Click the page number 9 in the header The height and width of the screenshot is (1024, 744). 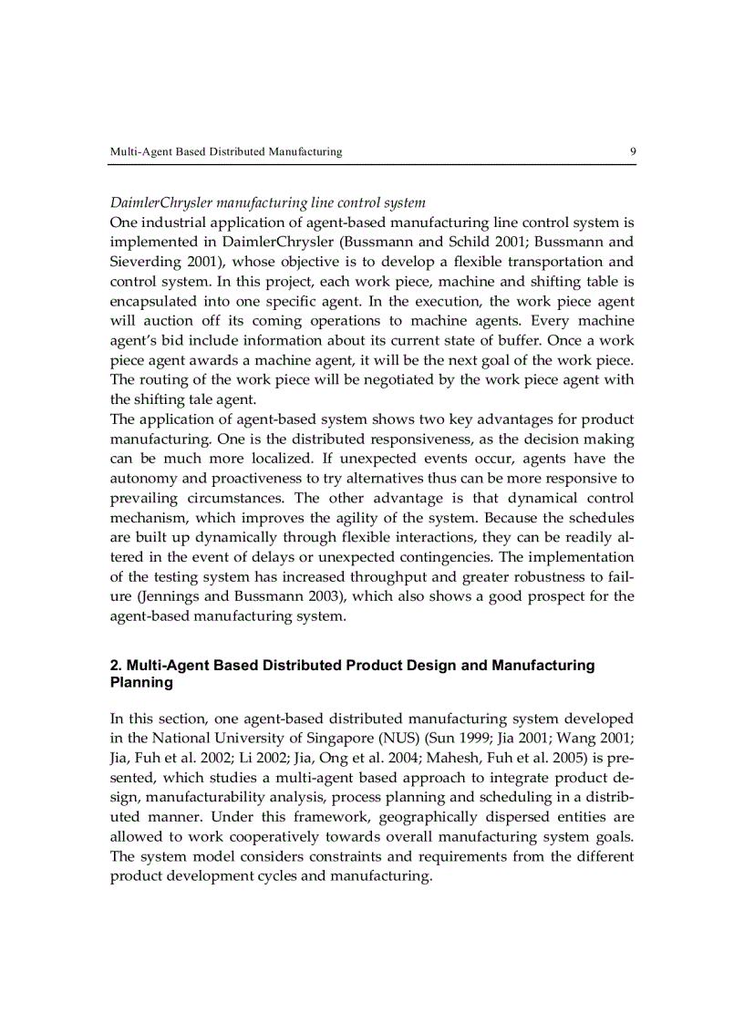tap(632, 151)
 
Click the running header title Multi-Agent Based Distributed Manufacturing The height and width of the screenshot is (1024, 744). tap(225, 151)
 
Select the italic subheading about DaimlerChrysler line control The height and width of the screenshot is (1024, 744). tap(267, 202)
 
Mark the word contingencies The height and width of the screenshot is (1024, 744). tap(473, 556)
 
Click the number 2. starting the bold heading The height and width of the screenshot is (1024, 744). tap(115, 666)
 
